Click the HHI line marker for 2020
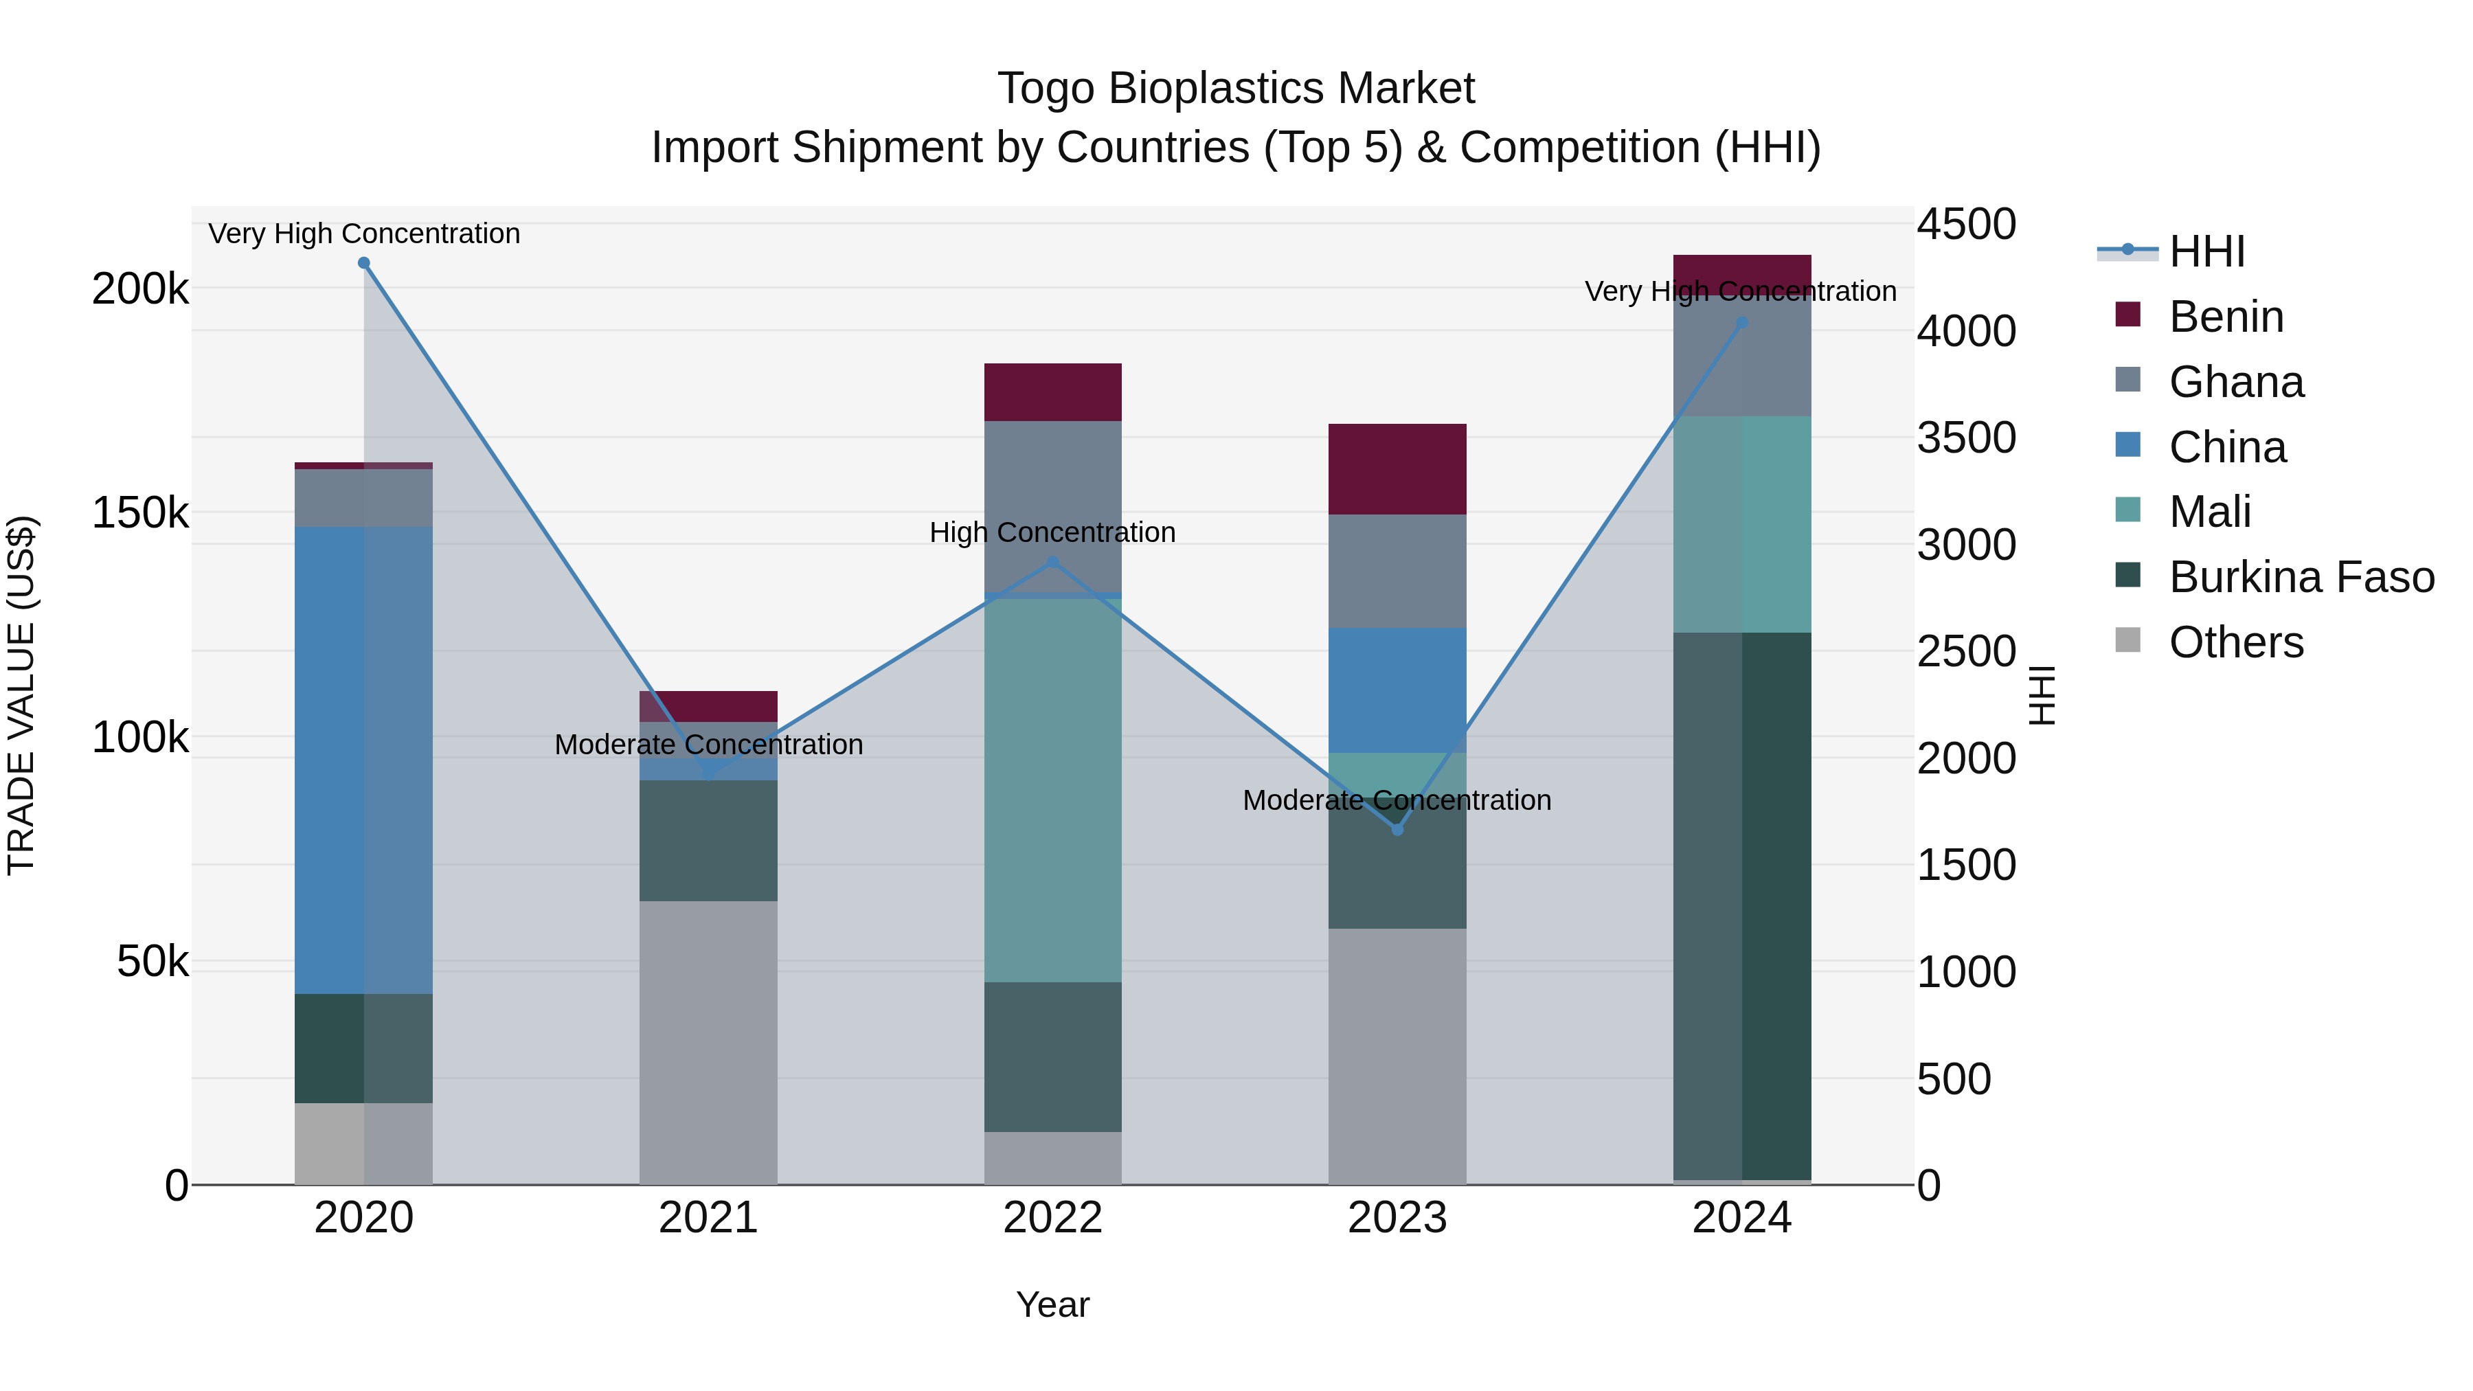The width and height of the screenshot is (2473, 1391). pos(364,263)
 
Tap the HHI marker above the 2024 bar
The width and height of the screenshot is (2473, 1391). pos(1742,324)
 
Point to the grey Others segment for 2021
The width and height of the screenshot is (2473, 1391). pos(708,1041)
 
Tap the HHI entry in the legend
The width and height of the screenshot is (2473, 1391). pos(2206,251)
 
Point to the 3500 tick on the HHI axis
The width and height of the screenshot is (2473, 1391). pos(1966,438)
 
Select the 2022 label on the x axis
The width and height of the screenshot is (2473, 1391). pos(1053,1218)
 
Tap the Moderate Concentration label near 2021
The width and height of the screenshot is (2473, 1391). pos(708,744)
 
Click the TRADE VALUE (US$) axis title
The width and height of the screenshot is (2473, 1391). pos(21,695)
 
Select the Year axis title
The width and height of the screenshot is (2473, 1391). pos(1052,1304)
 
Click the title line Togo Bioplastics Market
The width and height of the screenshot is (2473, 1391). pos(1236,89)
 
